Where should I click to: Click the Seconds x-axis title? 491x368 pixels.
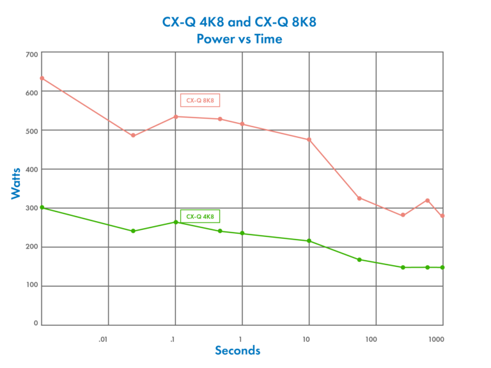(x=237, y=351)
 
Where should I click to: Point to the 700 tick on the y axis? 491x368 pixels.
(x=31, y=55)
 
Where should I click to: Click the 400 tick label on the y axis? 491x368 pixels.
(x=31, y=170)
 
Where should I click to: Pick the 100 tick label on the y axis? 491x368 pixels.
(x=31, y=286)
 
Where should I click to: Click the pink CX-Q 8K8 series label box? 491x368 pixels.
(x=200, y=100)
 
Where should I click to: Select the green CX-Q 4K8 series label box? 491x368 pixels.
(x=200, y=217)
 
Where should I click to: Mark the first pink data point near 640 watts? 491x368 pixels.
(x=42, y=78)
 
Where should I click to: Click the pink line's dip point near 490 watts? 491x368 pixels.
(x=133, y=135)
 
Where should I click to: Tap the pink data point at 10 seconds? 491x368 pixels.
(x=309, y=139)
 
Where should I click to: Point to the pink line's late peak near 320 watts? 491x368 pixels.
(x=428, y=201)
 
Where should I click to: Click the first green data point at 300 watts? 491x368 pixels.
(x=42, y=207)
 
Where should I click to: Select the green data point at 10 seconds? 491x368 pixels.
(x=309, y=241)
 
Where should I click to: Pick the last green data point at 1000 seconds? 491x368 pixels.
(x=442, y=268)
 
